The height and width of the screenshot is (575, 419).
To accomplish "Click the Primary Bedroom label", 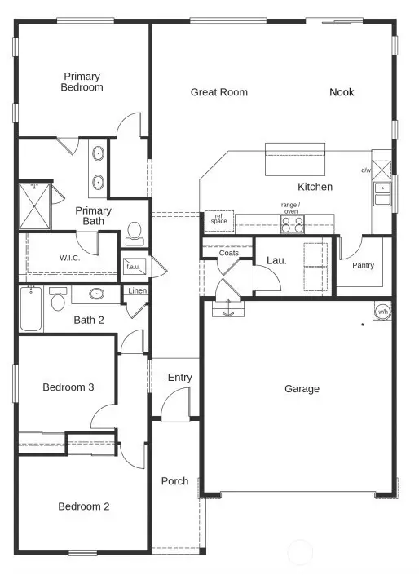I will [x=82, y=82].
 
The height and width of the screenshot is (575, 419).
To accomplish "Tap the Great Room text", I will [x=218, y=92].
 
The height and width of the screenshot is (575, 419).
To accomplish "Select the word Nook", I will [x=342, y=92].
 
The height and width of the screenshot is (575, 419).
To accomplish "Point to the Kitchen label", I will [x=315, y=187].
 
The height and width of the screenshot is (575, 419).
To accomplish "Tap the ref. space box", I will [x=218, y=219].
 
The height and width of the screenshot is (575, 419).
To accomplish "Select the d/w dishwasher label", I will [x=367, y=170].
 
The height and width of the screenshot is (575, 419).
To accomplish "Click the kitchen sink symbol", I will [x=382, y=194].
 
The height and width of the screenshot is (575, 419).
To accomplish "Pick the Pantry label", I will [x=363, y=265].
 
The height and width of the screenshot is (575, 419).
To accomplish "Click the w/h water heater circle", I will [x=382, y=312].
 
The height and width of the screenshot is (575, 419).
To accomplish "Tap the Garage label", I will [x=302, y=389].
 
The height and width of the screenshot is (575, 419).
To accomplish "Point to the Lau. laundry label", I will [x=276, y=261].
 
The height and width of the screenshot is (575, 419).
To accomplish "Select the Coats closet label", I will [x=229, y=253].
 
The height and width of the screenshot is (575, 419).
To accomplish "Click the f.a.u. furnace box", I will [x=132, y=266].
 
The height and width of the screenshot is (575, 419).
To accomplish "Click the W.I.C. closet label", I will [x=69, y=259].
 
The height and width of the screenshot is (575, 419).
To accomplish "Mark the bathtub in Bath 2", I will [x=31, y=309].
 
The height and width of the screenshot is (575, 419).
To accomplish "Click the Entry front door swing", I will [x=175, y=404].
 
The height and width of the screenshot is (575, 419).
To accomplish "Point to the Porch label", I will [x=174, y=481].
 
